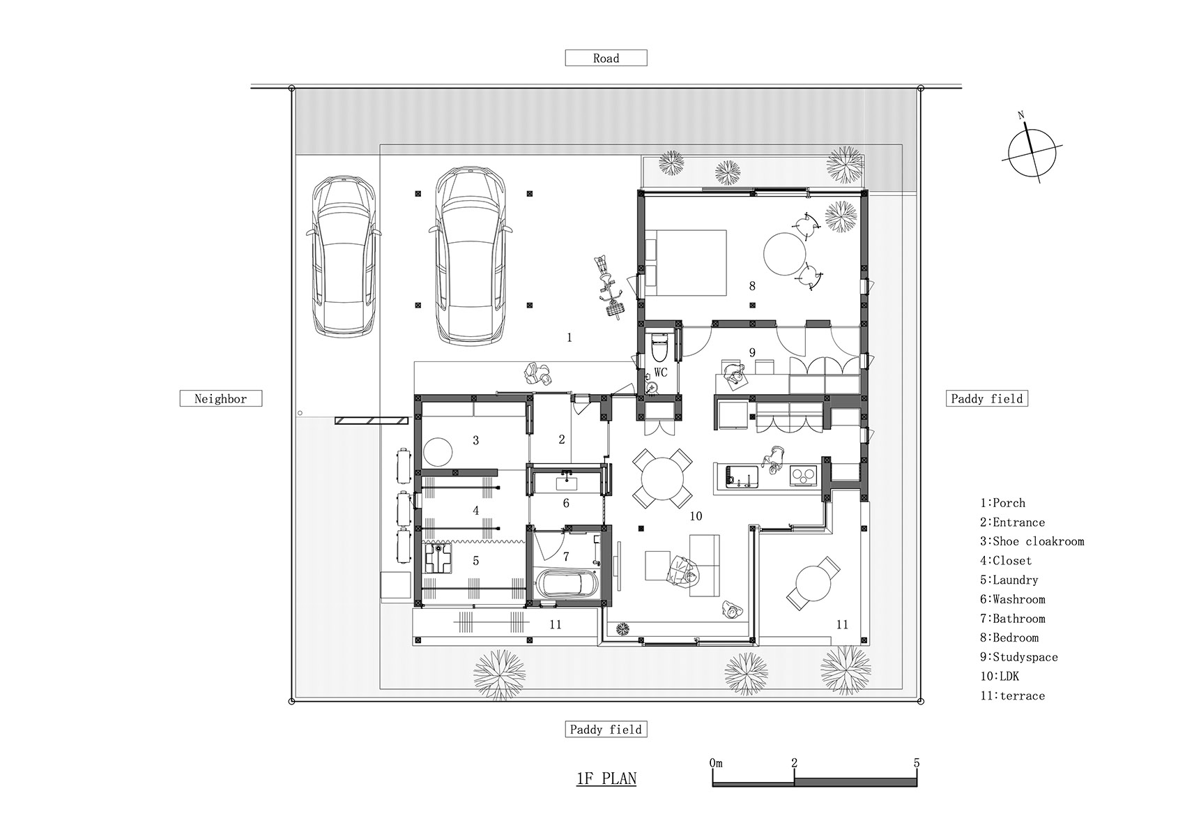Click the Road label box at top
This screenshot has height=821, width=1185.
(606, 59)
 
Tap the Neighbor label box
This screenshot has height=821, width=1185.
(220, 399)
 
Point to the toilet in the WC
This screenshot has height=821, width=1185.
(659, 345)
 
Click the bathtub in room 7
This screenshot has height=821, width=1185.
(565, 584)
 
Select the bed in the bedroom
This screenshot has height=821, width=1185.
(685, 262)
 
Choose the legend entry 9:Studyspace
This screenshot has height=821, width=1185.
(1018, 657)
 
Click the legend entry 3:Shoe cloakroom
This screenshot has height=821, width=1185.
(1032, 541)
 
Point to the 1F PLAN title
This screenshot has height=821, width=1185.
(606, 778)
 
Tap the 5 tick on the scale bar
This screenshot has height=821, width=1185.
(916, 763)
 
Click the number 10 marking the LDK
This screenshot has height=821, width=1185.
(695, 516)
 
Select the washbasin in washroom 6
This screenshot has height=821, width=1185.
(565, 482)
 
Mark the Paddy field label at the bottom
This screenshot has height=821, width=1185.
(606, 730)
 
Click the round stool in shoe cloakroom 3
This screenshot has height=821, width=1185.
(439, 451)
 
